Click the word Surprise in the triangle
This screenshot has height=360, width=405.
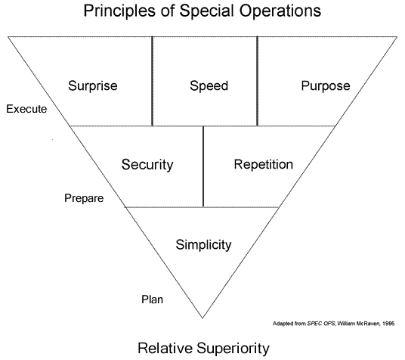[x=93, y=86]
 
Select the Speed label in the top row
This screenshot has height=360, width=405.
[x=209, y=86]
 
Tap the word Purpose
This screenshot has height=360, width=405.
[x=326, y=86]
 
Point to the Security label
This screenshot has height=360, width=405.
[x=147, y=164]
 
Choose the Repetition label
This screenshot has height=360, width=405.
[x=264, y=164]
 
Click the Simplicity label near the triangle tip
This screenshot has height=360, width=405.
[x=203, y=244]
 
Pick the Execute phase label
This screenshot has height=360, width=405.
[x=26, y=109]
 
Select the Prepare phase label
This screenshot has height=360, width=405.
[x=84, y=199]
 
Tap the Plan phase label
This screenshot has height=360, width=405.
[x=152, y=299]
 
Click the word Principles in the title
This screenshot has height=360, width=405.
[x=119, y=11]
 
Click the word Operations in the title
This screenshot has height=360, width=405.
[x=280, y=11]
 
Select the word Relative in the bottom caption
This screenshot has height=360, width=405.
[x=165, y=348]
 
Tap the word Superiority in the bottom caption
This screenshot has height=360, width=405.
[x=233, y=349]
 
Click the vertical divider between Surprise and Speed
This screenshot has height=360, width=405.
[x=153, y=81]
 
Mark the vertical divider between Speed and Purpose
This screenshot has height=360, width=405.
[x=257, y=81]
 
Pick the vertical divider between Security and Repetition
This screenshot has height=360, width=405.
[x=203, y=166]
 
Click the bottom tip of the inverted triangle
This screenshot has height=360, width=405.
[x=202, y=318]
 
